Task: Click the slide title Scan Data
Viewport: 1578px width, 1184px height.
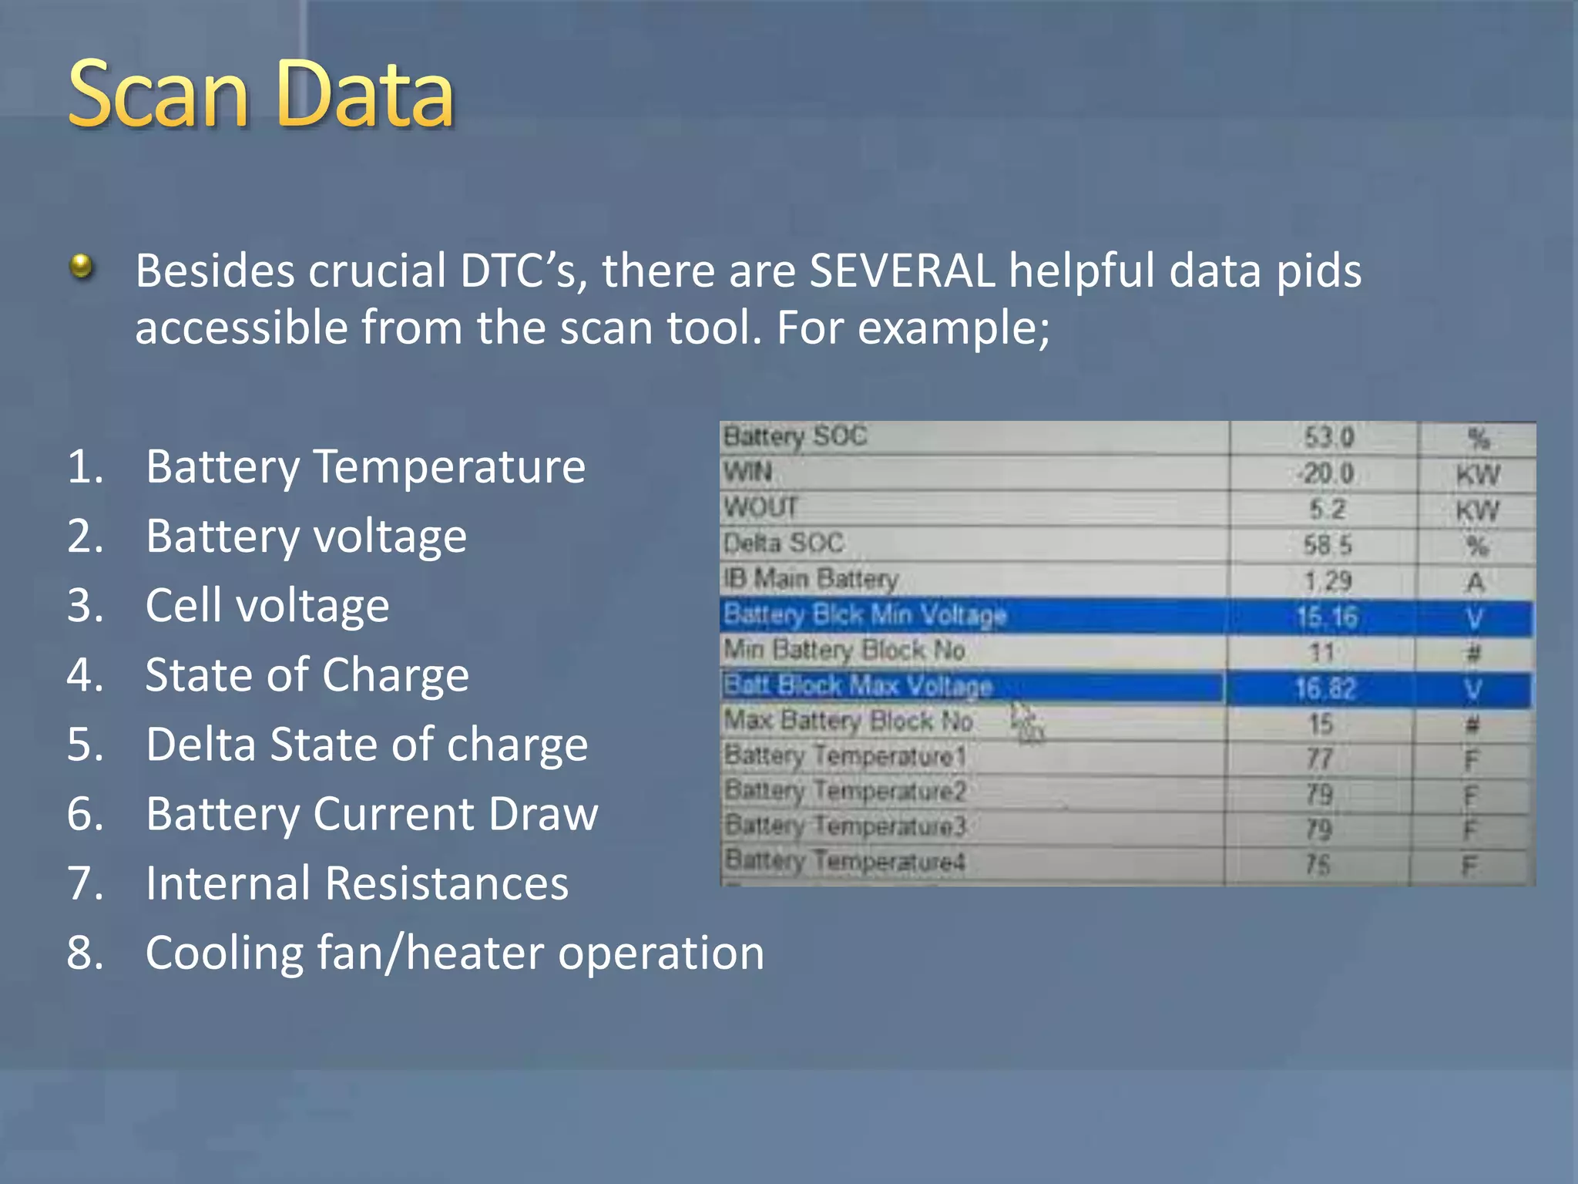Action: click(261, 94)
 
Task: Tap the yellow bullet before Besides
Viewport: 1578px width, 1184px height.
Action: click(81, 267)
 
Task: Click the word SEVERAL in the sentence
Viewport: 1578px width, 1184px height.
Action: click(901, 271)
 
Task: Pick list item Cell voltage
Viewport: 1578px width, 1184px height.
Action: click(267, 605)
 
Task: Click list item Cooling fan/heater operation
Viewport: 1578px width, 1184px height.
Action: click(455, 953)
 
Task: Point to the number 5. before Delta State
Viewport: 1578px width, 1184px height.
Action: click(85, 745)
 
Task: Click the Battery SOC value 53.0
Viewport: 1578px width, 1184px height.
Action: click(1328, 438)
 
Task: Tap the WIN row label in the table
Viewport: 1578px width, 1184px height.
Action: click(747, 471)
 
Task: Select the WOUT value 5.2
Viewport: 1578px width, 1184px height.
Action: click(1327, 509)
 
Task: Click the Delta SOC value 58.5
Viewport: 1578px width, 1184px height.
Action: click(1327, 545)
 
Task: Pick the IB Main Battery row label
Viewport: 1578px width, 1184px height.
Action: click(811, 578)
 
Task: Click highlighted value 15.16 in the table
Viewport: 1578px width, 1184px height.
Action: click(1326, 617)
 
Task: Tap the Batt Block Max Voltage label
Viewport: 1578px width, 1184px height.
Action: click(858, 685)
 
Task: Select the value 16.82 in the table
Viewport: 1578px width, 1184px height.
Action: click(1325, 688)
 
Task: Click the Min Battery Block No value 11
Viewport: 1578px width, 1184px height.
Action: click(1322, 652)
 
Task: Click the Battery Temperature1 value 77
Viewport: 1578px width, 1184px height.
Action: click(1320, 758)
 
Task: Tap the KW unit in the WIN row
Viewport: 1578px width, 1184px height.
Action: click(1477, 474)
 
